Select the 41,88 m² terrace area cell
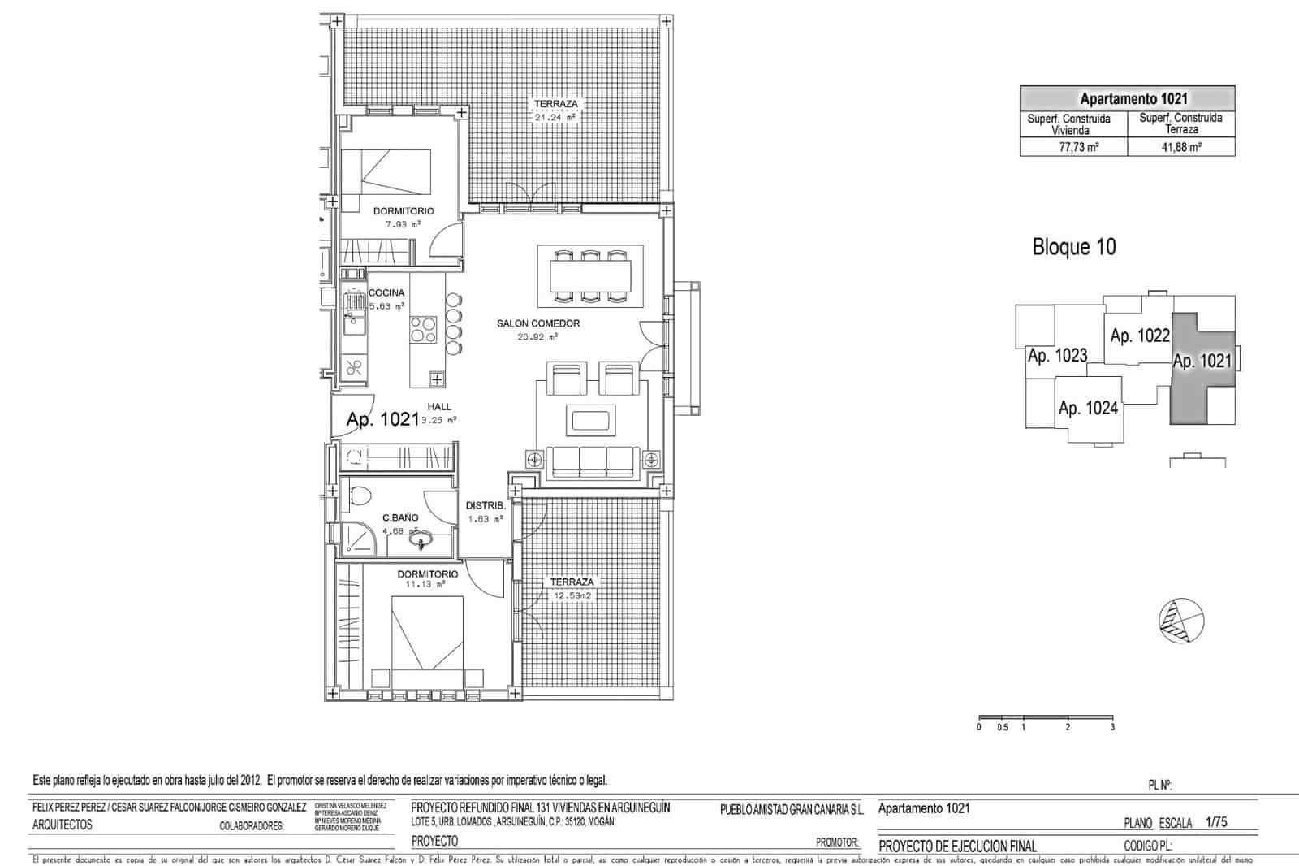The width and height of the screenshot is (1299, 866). [x=1182, y=148]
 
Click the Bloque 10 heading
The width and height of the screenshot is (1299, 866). [x=1073, y=247]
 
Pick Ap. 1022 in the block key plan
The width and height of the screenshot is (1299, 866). [x=1140, y=336]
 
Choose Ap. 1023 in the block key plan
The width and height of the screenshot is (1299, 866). [x=1057, y=356]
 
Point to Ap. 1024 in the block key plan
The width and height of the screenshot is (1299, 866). [x=1088, y=409]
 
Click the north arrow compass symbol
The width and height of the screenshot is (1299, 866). [x=1181, y=620]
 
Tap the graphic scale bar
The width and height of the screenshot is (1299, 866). [x=1047, y=718]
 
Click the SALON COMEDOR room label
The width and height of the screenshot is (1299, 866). [x=538, y=323]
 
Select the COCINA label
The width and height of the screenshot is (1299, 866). [x=386, y=293]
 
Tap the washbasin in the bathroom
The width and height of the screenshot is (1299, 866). [x=420, y=538]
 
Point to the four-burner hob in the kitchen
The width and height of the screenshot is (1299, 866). [x=423, y=329]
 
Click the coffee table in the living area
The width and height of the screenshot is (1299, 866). [x=591, y=420]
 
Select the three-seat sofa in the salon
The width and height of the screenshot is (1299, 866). [x=592, y=461]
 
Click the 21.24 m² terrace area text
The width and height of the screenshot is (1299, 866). [x=555, y=117]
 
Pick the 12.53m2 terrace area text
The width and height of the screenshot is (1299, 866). [x=573, y=595]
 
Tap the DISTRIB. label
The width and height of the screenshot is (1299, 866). [x=486, y=506]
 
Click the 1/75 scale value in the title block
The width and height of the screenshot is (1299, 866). [x=1216, y=822]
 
